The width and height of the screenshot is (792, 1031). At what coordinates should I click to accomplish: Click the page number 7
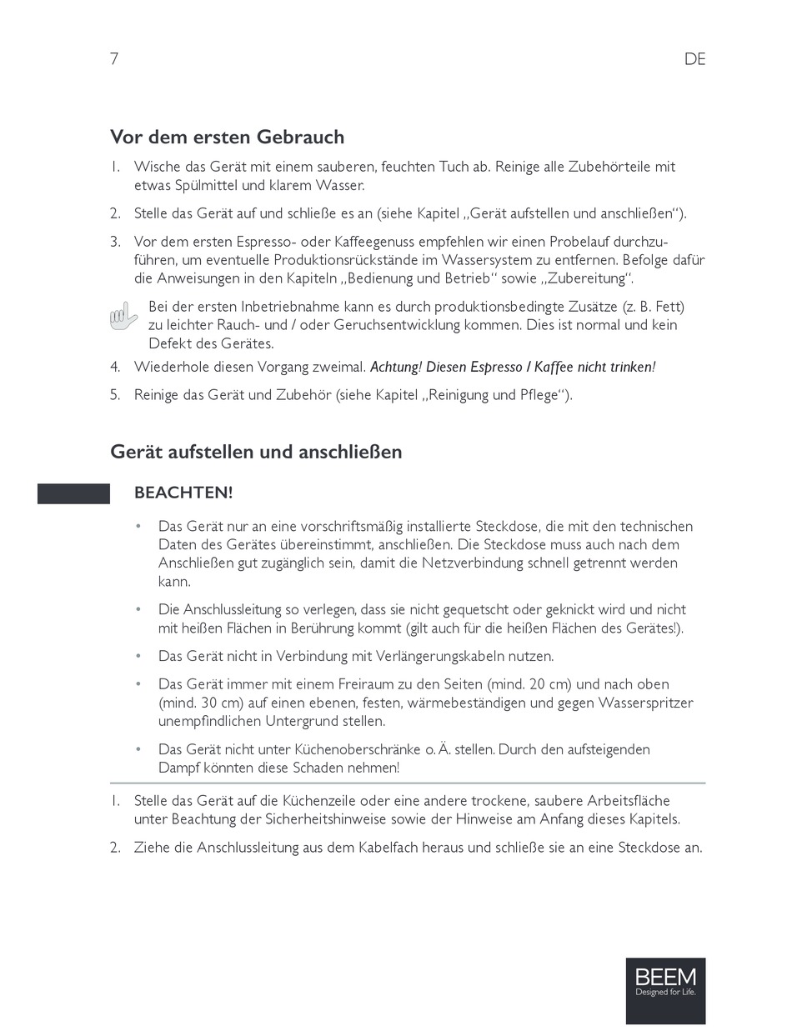114,59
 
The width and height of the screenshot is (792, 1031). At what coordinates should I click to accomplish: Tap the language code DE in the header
694,59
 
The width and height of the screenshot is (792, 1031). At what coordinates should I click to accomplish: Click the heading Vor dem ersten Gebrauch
227,137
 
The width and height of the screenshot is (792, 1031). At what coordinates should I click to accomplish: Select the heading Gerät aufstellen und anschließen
256,452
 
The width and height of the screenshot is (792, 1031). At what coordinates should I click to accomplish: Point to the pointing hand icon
123,318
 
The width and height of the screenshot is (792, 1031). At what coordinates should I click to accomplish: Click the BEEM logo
665,990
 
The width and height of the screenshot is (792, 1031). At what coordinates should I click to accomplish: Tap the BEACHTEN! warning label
183,493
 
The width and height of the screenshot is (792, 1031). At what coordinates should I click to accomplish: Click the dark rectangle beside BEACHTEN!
73,493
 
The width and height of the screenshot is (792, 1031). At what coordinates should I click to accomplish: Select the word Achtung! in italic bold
396,367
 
